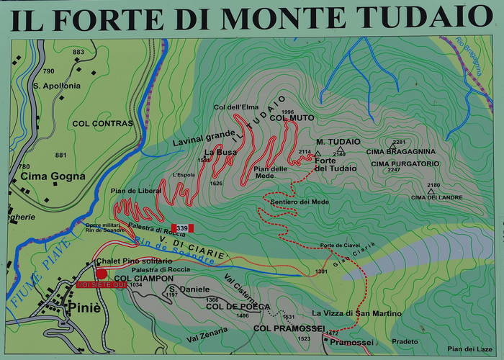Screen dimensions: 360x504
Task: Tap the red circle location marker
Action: click(102, 274)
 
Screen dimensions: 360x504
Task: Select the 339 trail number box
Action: click(182, 228)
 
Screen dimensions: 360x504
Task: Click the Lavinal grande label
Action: click(203, 135)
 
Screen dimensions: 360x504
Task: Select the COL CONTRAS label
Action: click(102, 123)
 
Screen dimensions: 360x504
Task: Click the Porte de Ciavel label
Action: click(340, 245)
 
